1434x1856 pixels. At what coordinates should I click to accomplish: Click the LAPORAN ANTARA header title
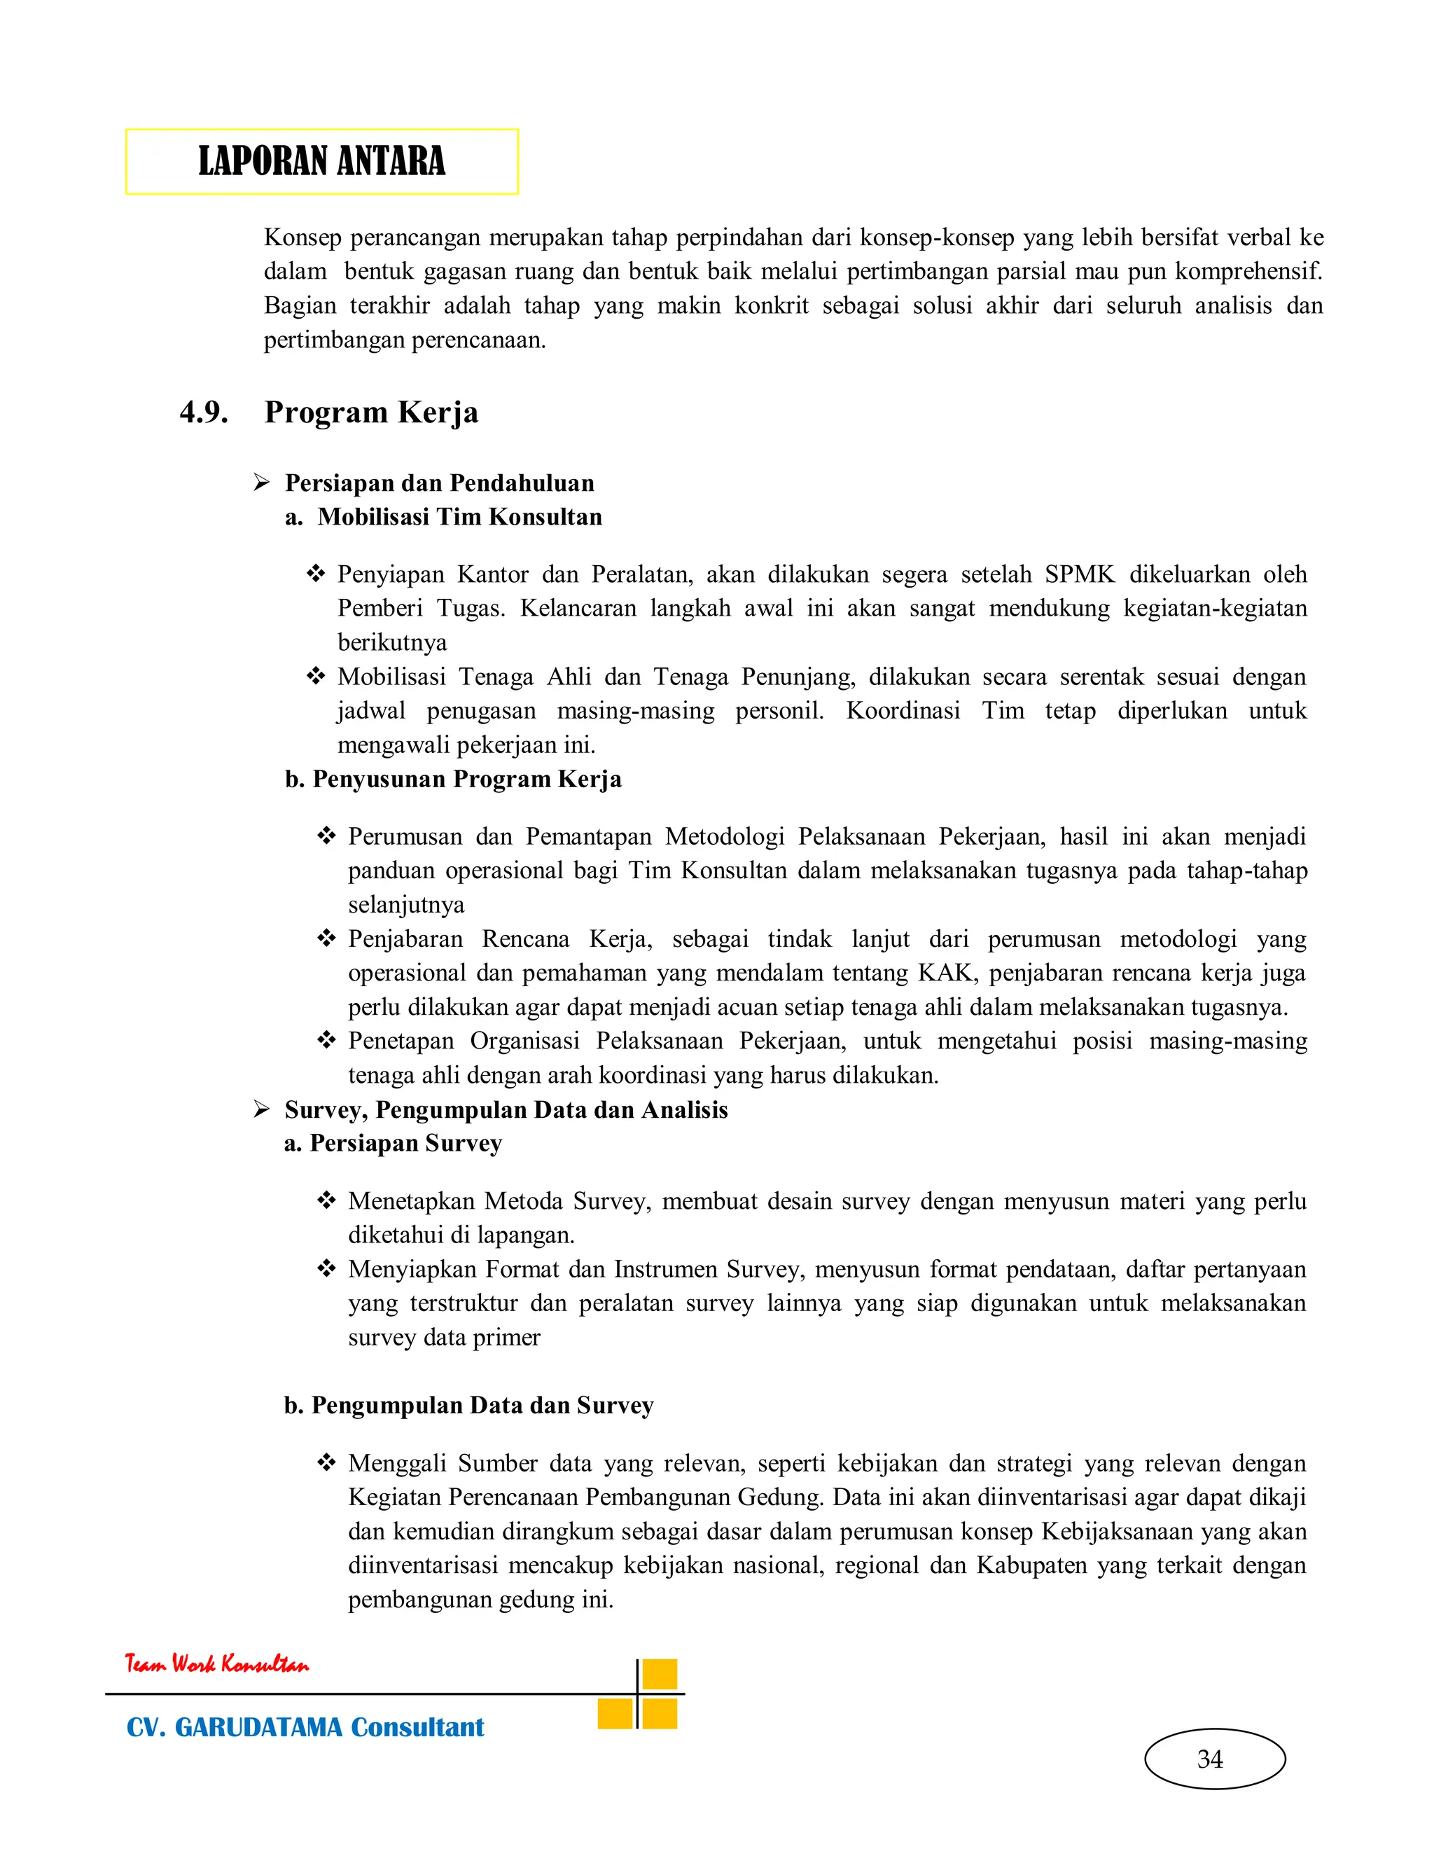pos(321,162)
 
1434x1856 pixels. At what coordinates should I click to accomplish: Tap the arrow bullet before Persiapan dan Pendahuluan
pos(262,483)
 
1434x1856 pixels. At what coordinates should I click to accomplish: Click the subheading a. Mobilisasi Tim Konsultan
pos(443,517)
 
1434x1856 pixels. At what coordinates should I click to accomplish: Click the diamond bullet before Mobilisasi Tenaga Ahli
pos(316,677)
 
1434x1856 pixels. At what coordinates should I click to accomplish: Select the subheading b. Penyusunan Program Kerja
pos(453,780)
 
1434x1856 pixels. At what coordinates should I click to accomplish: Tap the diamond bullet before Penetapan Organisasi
pos(326,1040)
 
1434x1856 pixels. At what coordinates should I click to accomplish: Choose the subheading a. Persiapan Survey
pos(394,1144)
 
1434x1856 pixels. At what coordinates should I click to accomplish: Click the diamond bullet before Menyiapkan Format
pos(326,1269)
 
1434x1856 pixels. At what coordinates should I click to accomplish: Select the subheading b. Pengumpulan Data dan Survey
pos(469,1406)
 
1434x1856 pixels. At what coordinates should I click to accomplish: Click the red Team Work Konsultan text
pos(218,1664)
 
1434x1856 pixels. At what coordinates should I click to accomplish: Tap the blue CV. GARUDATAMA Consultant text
pos(305,1728)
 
